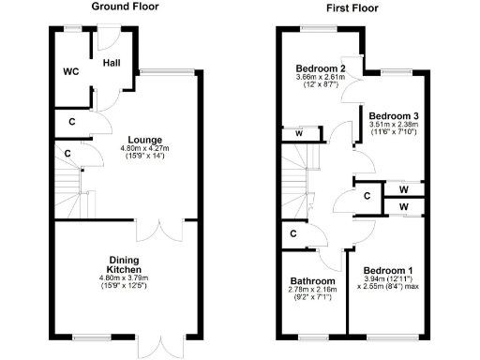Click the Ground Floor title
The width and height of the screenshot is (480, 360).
pyautogui.click(x=124, y=7)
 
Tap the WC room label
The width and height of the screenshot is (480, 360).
pyautogui.click(x=70, y=70)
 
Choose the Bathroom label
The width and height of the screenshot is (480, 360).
pyautogui.click(x=312, y=281)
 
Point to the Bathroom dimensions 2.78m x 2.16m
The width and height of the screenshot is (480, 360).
pyautogui.click(x=312, y=292)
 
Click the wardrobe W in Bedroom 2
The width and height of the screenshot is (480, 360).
pyautogui.click(x=297, y=133)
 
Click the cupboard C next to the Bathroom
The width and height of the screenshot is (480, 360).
pyautogui.click(x=293, y=233)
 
